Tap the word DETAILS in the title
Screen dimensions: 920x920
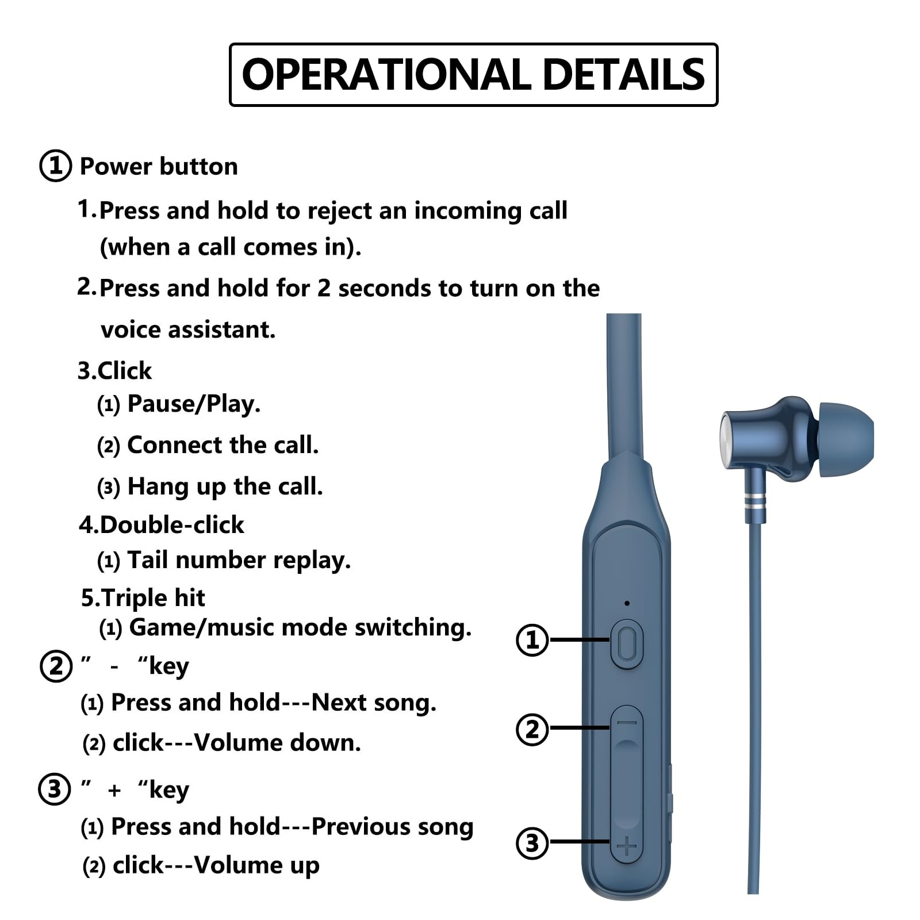[x=623, y=75]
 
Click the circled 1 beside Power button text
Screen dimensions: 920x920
[x=55, y=166]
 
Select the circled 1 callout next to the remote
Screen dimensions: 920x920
[x=532, y=639]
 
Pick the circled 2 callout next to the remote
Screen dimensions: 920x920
[x=532, y=729]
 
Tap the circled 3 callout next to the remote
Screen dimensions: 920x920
[x=532, y=843]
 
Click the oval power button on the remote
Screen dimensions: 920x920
[x=627, y=644]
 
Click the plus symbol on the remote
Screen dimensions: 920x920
[x=627, y=846]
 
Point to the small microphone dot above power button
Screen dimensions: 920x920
[x=627, y=603]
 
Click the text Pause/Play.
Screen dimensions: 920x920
[x=194, y=404]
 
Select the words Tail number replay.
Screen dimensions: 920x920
[x=239, y=560]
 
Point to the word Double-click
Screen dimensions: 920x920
[x=171, y=525]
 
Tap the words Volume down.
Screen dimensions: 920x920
[x=277, y=743]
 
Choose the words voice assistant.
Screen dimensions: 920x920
[x=188, y=330]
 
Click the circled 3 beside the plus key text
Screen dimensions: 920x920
[x=55, y=789]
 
